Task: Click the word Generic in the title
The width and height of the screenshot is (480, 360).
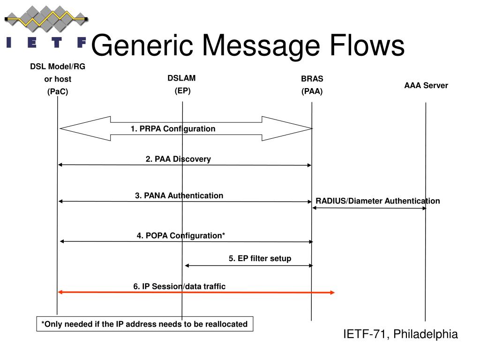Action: point(142,46)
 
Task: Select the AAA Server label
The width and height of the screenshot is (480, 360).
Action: point(426,85)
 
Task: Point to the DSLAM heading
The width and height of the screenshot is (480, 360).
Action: point(181,78)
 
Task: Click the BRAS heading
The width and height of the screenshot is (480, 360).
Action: point(312,79)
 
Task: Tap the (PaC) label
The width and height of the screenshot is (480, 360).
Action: point(58,91)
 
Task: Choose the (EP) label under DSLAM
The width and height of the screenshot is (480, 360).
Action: point(182,91)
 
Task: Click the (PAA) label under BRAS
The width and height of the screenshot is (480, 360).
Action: point(312,91)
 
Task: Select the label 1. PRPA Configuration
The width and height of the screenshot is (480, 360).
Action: point(173,128)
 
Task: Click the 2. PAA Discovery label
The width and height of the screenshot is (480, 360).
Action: point(178,159)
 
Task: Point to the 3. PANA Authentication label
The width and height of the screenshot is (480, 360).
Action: point(179,195)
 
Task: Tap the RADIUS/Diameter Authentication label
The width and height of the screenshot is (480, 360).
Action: point(378,201)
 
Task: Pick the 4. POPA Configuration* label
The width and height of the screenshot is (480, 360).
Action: point(180,235)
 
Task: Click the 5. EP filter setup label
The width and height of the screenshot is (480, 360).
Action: point(260,258)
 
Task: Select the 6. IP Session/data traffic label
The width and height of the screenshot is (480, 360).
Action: point(180,286)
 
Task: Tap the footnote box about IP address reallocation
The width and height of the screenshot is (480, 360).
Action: point(145,324)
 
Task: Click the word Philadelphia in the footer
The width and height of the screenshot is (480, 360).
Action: point(426,334)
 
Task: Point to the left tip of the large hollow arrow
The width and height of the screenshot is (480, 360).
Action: point(60,128)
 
